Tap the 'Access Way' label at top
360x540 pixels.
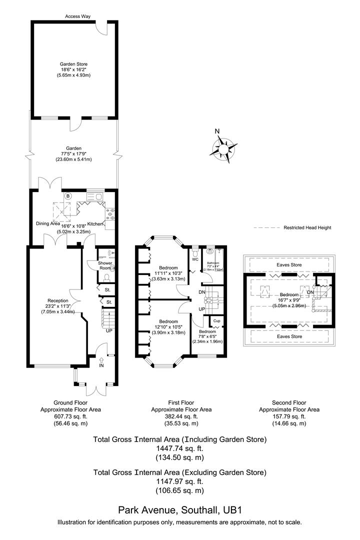click(77, 16)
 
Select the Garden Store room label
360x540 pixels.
click(74, 64)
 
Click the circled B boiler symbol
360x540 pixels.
click(68, 195)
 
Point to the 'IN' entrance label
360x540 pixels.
click(101, 366)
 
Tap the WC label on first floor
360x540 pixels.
click(195, 259)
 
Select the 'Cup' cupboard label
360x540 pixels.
click(216, 320)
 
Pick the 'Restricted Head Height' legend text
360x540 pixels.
click(307, 227)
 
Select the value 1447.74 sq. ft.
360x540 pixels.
click(179, 448)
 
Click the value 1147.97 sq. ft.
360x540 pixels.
click(179, 481)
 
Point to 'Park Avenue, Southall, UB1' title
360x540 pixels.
click(179, 510)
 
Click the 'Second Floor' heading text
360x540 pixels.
click(289, 402)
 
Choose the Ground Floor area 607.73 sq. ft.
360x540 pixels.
click(70, 416)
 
